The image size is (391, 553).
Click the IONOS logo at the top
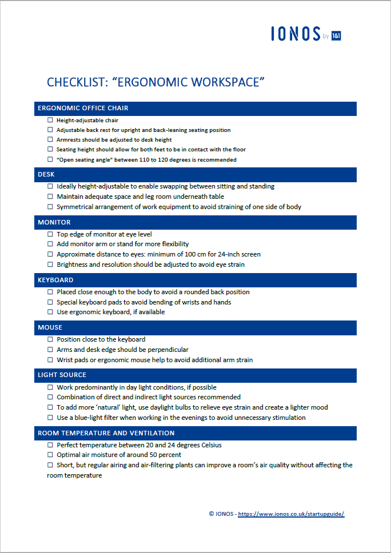pos(305,34)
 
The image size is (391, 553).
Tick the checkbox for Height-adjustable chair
pos(50,121)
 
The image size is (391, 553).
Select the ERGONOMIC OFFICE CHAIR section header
pos(83,108)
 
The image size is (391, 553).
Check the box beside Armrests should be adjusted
pos(50,140)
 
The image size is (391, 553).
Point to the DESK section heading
pos(46,174)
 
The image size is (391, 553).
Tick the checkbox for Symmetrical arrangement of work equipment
pos(50,207)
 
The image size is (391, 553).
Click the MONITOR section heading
pos(54,222)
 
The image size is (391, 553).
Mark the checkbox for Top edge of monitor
pos(50,234)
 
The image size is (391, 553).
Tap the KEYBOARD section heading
pos(55,280)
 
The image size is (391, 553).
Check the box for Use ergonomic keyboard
pos(50,312)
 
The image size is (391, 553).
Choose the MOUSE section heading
pos(50,327)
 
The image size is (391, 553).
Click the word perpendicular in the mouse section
pos(166,350)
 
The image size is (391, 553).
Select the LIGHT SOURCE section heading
pos(62,375)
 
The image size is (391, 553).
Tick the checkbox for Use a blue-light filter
pos(50,418)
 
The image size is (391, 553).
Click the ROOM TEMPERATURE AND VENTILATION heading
pos(106,433)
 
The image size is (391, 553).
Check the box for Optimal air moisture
pos(50,455)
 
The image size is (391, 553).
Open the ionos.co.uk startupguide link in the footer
pos(291,514)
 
